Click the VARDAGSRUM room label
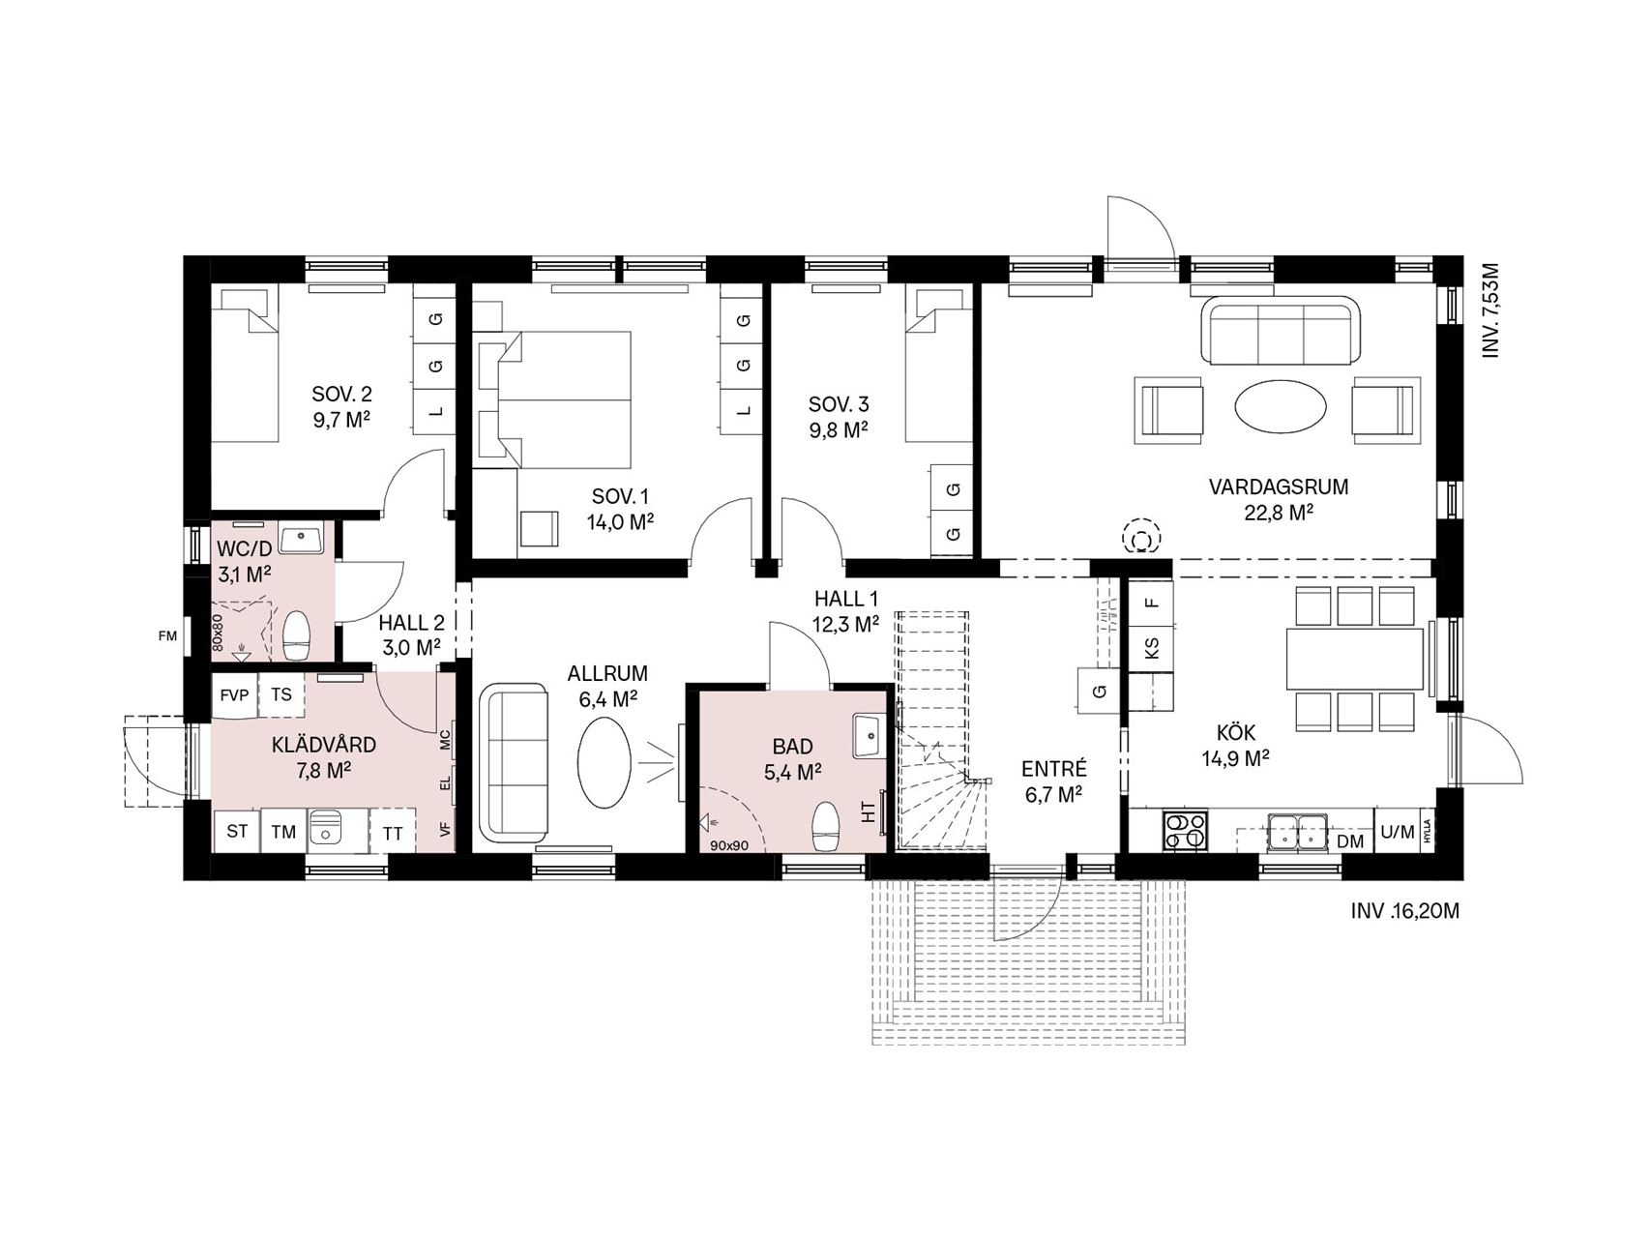[x=1278, y=486]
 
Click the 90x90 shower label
[x=729, y=845]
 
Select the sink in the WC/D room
[x=302, y=538]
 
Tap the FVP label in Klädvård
[x=234, y=694]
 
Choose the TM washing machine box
[x=283, y=832]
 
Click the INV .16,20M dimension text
[x=1404, y=911]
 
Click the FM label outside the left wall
[x=168, y=635]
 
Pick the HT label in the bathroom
[x=869, y=812]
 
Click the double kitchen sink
[x=1297, y=831]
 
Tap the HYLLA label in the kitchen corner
[x=1427, y=831]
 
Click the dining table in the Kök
[x=1355, y=659]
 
